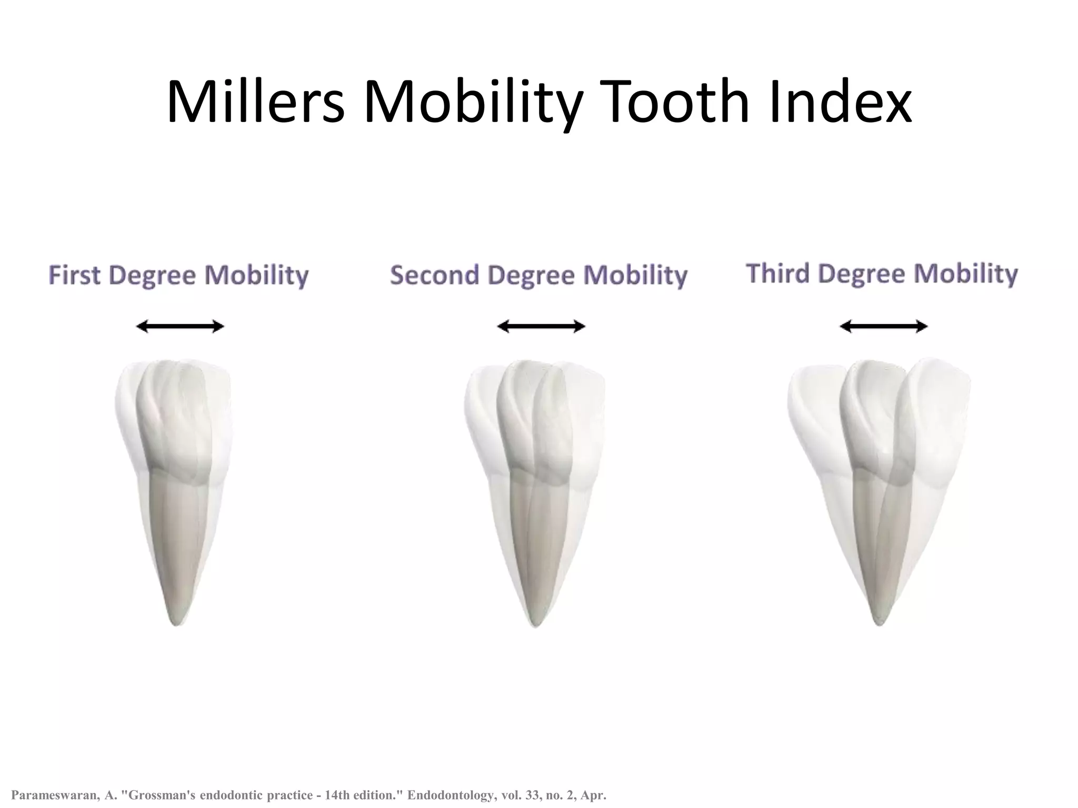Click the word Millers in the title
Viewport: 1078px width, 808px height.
255,102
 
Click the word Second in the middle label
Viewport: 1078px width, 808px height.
434,275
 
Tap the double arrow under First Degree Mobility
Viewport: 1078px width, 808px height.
180,327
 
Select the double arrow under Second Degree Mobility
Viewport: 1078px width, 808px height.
541,327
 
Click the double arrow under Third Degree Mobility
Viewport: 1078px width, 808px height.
883,327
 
